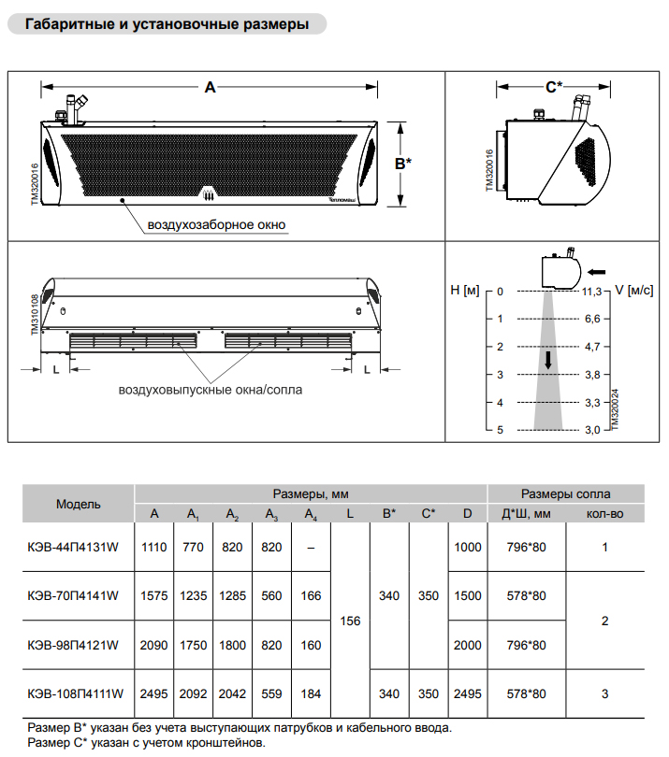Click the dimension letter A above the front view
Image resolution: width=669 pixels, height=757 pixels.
click(210, 87)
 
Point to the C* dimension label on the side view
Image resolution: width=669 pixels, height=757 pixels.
click(554, 87)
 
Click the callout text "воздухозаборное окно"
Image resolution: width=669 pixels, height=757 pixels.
click(216, 224)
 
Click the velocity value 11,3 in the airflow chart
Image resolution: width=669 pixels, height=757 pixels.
click(591, 292)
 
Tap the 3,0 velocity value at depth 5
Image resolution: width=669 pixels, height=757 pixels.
click(591, 430)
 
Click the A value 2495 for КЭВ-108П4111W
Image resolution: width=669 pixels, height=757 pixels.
click(154, 694)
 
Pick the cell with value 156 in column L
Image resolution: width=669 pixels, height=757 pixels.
click(350, 621)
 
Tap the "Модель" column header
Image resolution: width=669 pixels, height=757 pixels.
click(78, 504)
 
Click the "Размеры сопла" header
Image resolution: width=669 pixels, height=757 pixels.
click(565, 493)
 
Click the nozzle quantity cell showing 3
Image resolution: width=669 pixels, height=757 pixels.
click(605, 694)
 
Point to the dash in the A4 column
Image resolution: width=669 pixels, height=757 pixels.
click(312, 547)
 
